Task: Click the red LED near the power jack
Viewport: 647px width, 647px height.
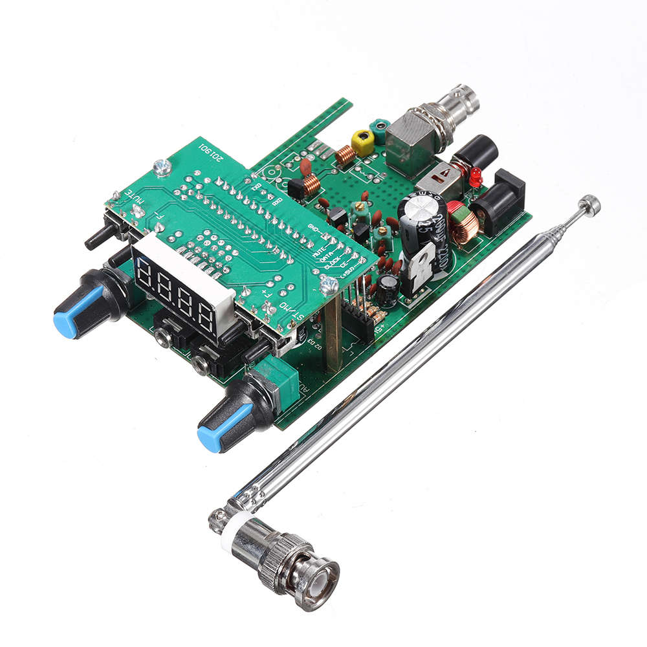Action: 475,174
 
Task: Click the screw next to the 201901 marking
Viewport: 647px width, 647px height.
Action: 164,167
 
